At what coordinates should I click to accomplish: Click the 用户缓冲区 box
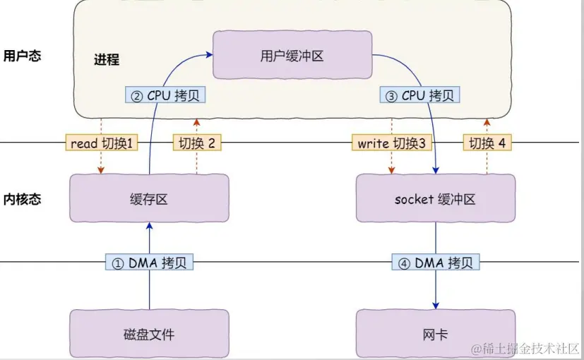click(x=292, y=55)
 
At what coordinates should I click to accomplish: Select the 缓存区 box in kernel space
click(x=149, y=199)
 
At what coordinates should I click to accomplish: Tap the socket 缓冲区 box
click(x=435, y=199)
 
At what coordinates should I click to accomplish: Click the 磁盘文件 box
click(x=149, y=334)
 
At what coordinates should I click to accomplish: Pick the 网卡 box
click(x=435, y=334)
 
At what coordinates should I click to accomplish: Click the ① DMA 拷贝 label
click(x=149, y=263)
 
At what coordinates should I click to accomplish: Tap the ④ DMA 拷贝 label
click(x=435, y=263)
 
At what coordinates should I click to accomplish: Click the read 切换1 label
click(x=102, y=143)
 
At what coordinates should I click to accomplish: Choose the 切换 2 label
click(x=197, y=143)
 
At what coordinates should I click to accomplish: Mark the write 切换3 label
click(x=391, y=143)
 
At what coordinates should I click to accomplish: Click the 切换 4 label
click(x=488, y=143)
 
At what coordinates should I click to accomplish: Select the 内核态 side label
click(x=22, y=199)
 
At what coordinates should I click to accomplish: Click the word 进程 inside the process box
click(x=106, y=59)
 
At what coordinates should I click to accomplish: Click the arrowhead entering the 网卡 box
click(x=435, y=306)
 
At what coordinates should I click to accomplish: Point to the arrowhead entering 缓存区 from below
click(x=149, y=226)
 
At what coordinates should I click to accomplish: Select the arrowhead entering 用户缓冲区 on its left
click(x=210, y=53)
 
